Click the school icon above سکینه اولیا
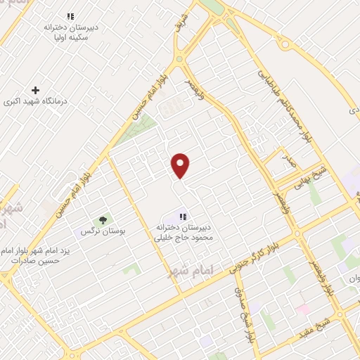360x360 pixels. point(70,16)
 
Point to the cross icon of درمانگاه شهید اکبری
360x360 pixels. point(36,89)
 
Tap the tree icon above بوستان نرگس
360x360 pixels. point(103,220)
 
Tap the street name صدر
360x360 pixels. point(291,163)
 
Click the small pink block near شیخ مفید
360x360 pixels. point(303,309)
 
